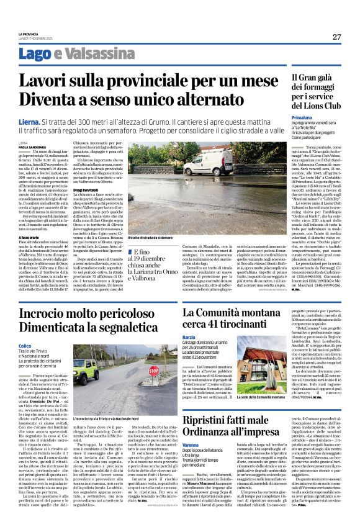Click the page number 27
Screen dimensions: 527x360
(x=336, y=37)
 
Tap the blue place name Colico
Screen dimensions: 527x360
(x=25, y=346)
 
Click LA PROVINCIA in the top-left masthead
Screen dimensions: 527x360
(x=28, y=34)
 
